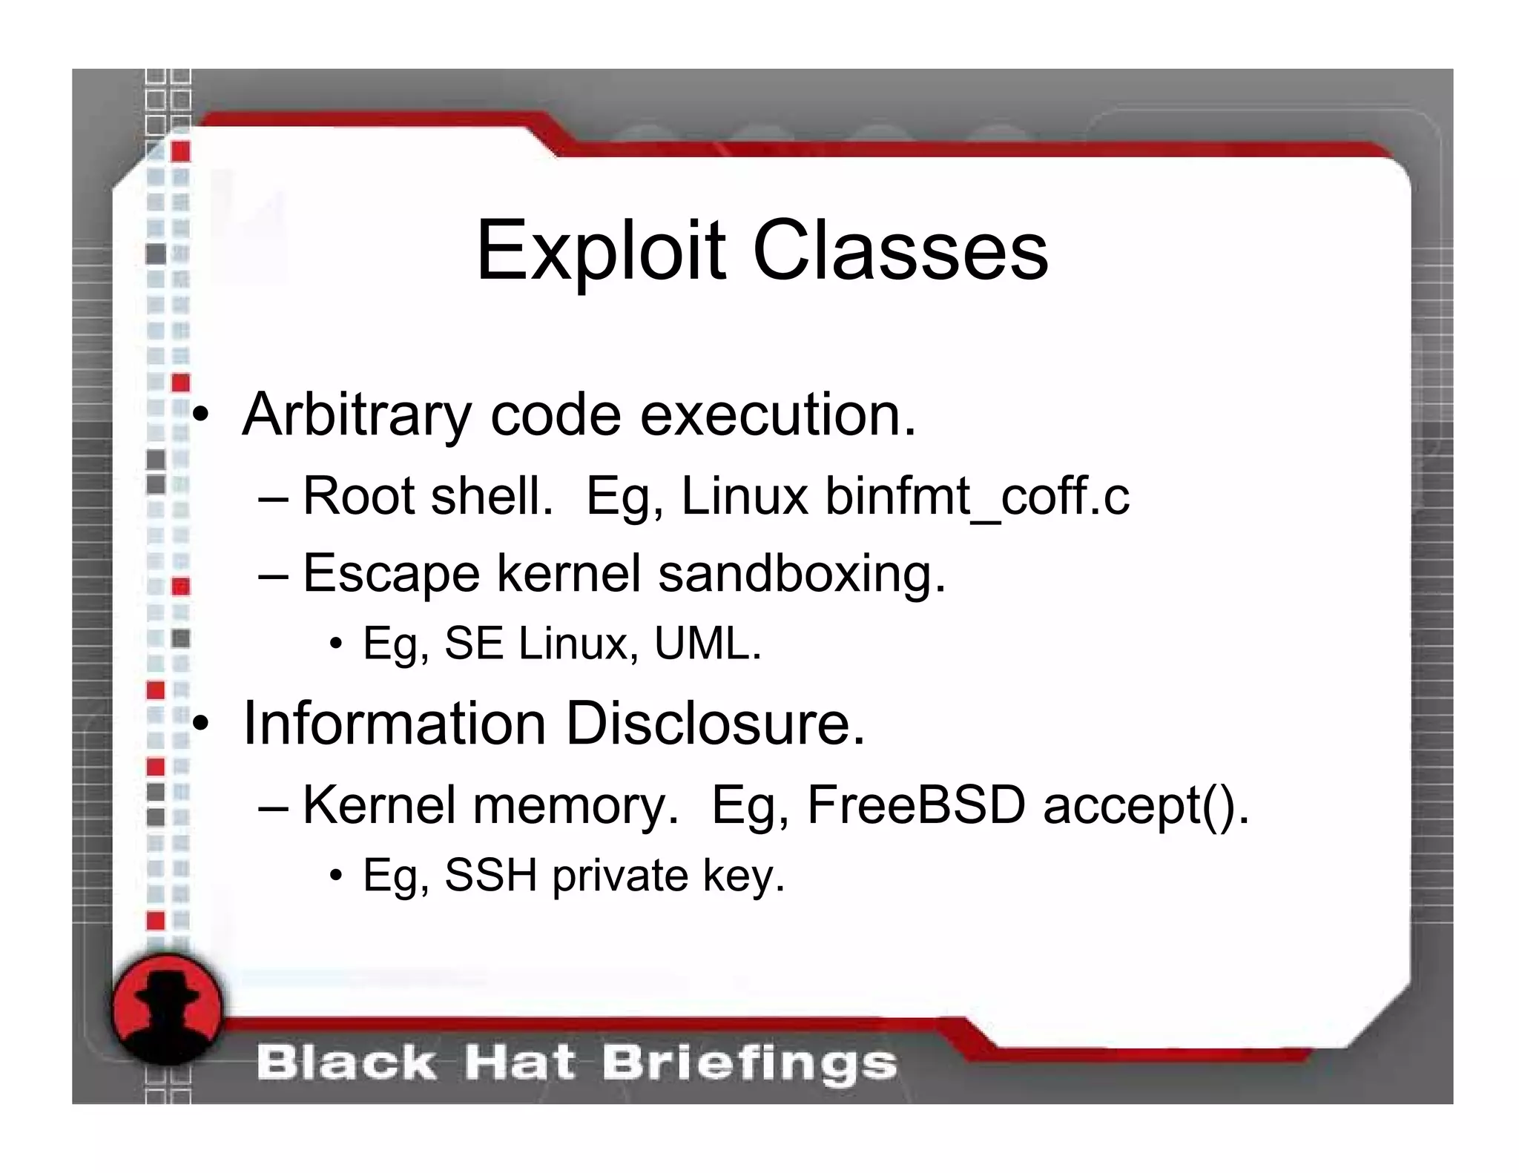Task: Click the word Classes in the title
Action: (x=900, y=251)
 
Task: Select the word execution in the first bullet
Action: (x=778, y=415)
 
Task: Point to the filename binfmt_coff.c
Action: (x=978, y=497)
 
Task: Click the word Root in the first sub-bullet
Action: (x=358, y=497)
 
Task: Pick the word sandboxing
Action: (x=802, y=575)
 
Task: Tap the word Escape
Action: (x=391, y=575)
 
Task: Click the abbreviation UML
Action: (x=707, y=644)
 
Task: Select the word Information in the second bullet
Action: (x=395, y=724)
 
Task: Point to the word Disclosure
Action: (x=715, y=724)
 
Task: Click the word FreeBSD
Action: (x=916, y=805)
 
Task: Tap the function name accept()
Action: (x=1146, y=805)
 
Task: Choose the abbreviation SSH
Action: (x=490, y=876)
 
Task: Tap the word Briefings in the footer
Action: (x=749, y=1063)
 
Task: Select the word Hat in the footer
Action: (x=519, y=1063)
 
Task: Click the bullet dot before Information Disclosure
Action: (x=200, y=724)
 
